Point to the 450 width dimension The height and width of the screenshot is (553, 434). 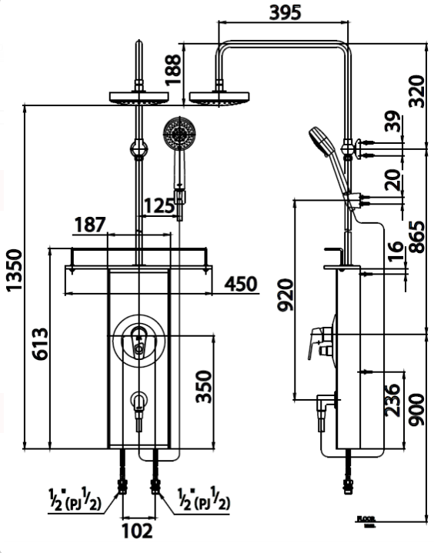241,284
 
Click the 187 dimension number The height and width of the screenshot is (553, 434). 90,225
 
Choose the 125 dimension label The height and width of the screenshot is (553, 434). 160,206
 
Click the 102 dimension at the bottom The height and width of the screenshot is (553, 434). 138,531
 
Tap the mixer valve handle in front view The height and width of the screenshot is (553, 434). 139,339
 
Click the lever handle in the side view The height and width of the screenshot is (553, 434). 317,341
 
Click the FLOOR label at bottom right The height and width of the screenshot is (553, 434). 366,521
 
